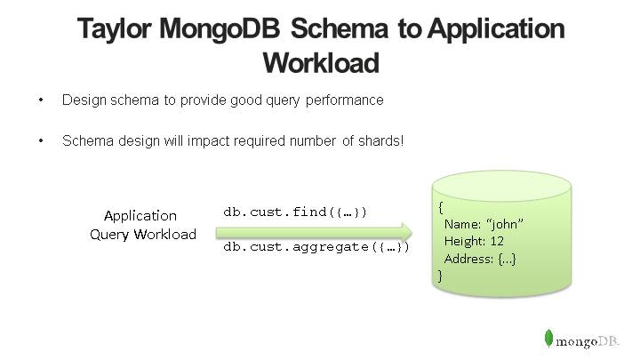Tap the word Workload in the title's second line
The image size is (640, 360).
click(321, 63)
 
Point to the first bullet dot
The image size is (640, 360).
click(41, 100)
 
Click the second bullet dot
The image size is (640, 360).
click(41, 141)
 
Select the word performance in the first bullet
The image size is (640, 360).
click(344, 100)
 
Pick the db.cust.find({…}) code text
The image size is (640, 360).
click(295, 212)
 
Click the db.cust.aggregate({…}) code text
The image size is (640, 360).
click(316, 246)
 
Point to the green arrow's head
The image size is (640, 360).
click(411, 229)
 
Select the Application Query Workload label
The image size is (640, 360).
click(142, 225)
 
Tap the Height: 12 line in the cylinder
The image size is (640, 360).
click(476, 241)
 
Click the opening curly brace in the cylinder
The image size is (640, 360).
click(441, 207)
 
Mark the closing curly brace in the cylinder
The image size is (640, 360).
click(439, 275)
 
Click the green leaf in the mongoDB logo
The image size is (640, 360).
click(549, 339)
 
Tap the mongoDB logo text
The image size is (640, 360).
click(589, 340)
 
